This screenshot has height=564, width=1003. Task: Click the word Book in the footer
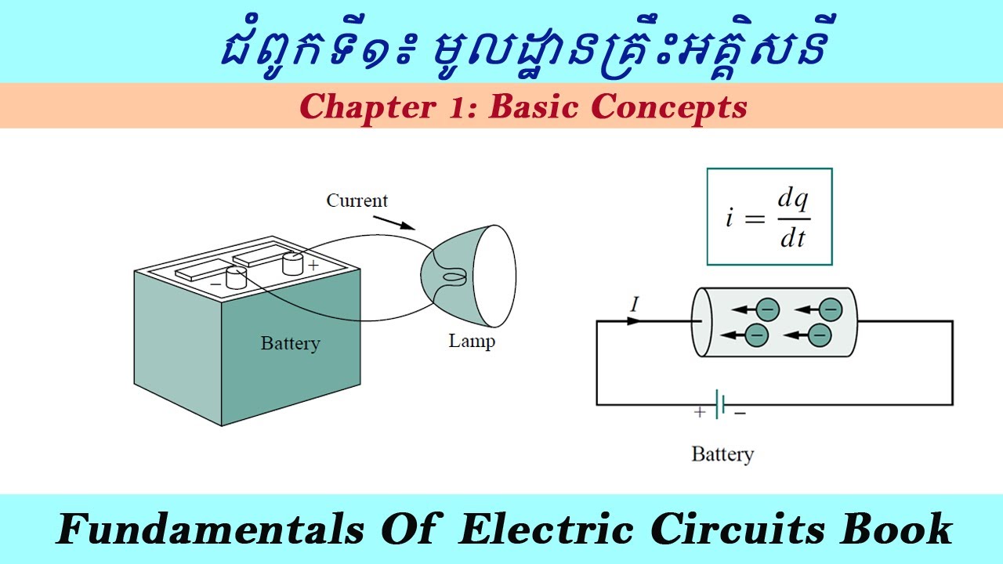pyautogui.click(x=896, y=530)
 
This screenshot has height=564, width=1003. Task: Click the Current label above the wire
pyautogui.click(x=357, y=201)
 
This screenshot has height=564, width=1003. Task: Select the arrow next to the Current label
pyautogui.click(x=395, y=222)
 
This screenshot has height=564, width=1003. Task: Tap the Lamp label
pyautogui.click(x=471, y=342)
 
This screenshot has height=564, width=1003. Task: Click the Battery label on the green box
pyautogui.click(x=290, y=343)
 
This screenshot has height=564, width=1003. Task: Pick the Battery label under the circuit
pyautogui.click(x=722, y=454)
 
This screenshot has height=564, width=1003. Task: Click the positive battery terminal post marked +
pyautogui.click(x=292, y=262)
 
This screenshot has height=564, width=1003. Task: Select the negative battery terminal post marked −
pyautogui.click(x=236, y=276)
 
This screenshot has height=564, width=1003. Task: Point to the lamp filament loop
pyautogui.click(x=454, y=277)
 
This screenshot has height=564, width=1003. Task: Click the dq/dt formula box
pyautogui.click(x=769, y=216)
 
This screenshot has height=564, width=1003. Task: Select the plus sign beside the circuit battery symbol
pyautogui.click(x=700, y=412)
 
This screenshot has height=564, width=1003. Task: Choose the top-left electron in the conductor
pyautogui.click(x=766, y=309)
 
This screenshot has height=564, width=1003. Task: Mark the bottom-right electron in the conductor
pyautogui.click(x=819, y=335)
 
